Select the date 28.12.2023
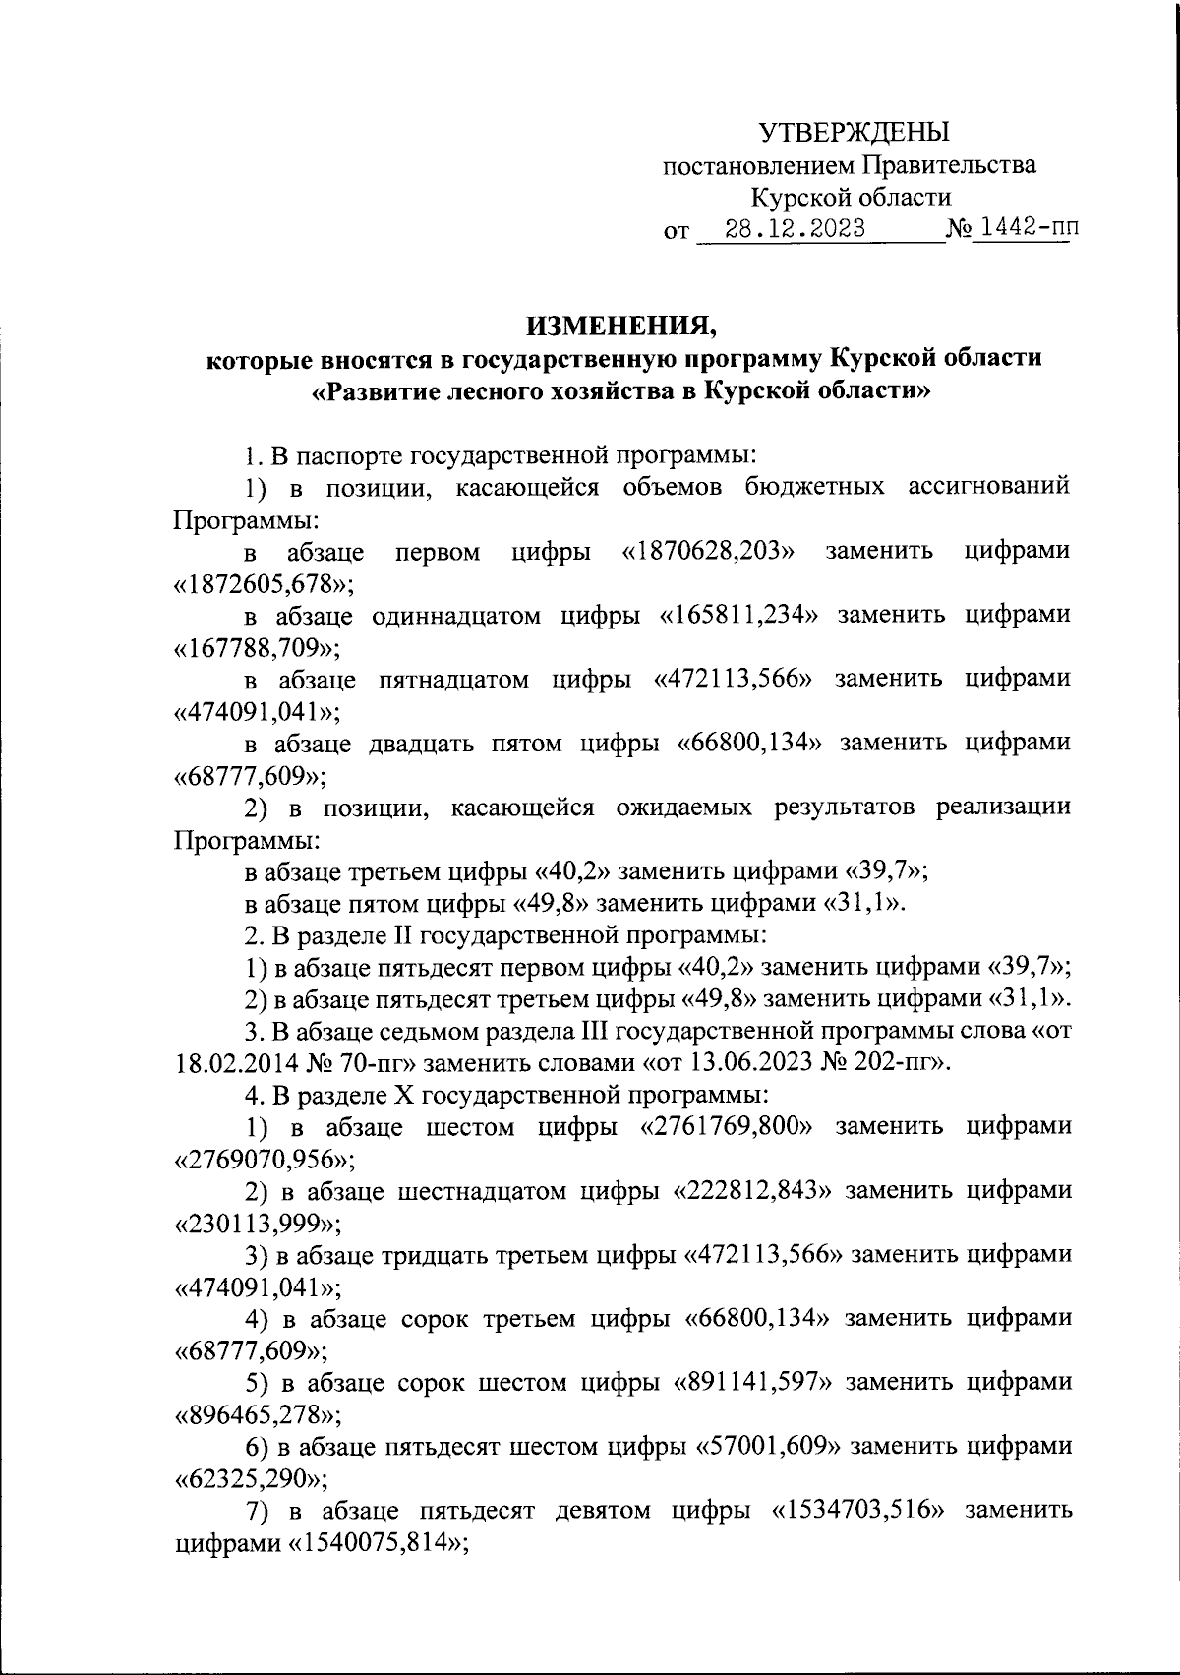coord(795,230)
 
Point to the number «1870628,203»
coord(709,551)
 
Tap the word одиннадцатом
coord(457,616)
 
